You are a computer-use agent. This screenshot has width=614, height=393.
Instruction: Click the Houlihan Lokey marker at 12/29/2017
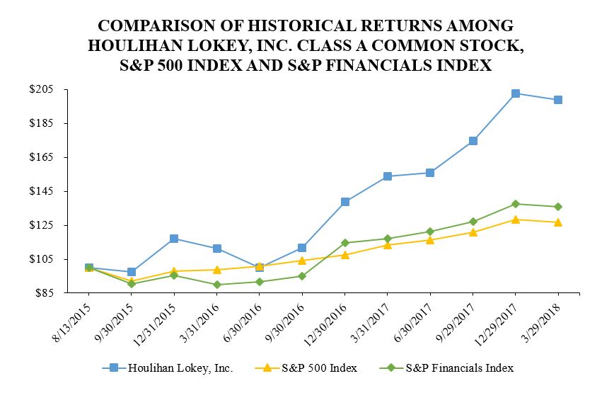click(516, 93)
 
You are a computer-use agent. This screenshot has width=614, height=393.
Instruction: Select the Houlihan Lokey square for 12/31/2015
click(174, 239)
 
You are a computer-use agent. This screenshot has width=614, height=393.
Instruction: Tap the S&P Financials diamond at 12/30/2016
click(344, 243)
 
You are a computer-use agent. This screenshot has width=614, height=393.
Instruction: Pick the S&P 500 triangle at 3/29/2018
click(558, 222)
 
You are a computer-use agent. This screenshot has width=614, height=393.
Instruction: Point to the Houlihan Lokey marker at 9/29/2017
click(473, 141)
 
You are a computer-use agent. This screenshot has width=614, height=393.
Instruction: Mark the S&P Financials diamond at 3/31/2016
click(216, 285)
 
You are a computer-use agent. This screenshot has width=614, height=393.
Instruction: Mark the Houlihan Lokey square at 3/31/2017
click(388, 176)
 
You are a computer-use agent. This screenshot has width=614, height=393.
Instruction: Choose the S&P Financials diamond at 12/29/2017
click(516, 204)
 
